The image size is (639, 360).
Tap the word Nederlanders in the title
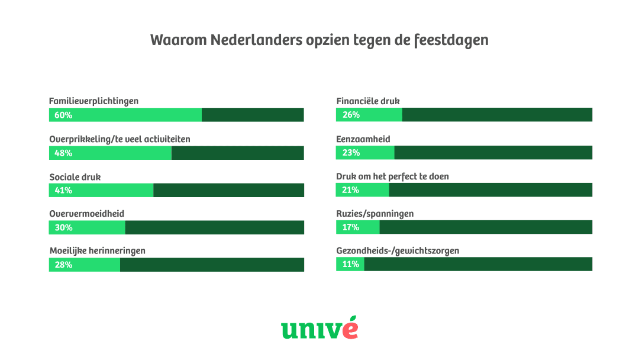click(x=247, y=40)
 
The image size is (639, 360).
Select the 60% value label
click(x=63, y=115)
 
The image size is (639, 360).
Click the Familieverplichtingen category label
click(x=93, y=101)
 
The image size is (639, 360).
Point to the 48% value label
click(x=63, y=153)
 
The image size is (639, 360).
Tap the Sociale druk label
click(x=75, y=176)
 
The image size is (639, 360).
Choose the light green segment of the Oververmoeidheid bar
click(x=87, y=227)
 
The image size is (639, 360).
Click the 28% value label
click(x=63, y=265)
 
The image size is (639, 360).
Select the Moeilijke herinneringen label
click(x=97, y=251)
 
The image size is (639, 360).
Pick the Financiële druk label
click(x=368, y=101)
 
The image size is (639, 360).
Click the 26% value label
click(x=351, y=115)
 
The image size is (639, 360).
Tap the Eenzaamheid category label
click(x=363, y=139)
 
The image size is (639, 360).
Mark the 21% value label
click(x=351, y=190)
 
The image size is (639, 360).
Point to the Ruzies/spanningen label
click(x=375, y=214)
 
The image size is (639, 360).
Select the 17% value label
click(x=351, y=227)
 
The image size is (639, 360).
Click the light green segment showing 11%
click(x=350, y=264)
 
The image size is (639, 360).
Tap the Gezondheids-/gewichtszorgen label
click(x=398, y=251)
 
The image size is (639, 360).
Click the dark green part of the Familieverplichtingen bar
click(x=253, y=115)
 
